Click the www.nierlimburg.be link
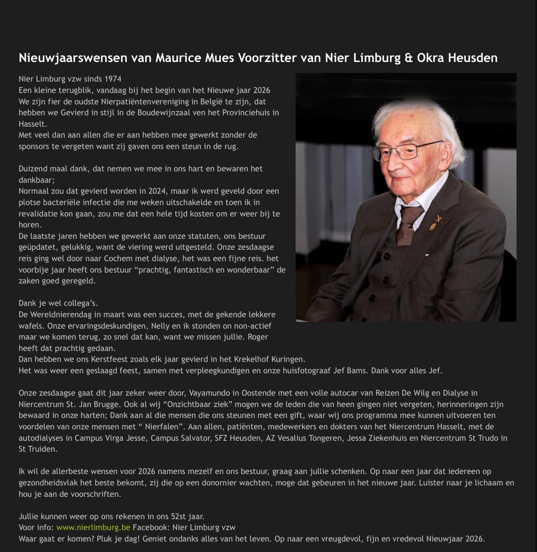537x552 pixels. [93, 527]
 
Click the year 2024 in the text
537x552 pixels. [157, 191]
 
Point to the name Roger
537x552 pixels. [257, 337]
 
